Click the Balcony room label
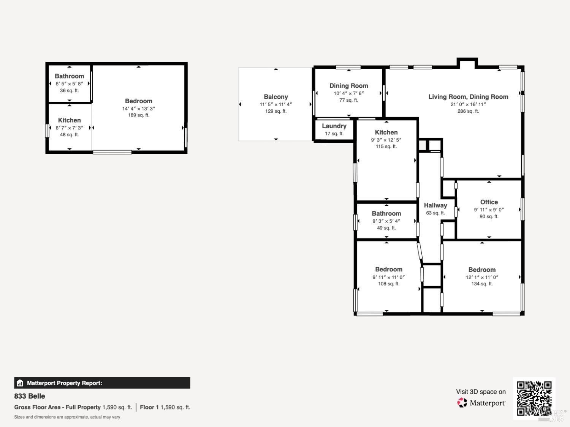276,97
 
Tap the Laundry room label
334,126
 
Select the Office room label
489,202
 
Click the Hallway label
435,205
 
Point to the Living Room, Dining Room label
468,97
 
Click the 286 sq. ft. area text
468,111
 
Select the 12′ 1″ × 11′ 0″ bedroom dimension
482,277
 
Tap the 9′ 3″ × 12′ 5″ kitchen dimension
386,140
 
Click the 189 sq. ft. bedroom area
138,115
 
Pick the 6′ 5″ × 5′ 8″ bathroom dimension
69,84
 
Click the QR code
534,398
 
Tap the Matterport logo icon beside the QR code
462,403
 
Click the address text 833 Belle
30,396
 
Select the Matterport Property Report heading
64,383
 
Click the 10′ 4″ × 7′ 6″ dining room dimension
348,93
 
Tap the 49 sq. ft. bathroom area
386,228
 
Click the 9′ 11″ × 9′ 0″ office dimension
489,210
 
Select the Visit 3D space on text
481,392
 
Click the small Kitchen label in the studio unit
69,120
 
